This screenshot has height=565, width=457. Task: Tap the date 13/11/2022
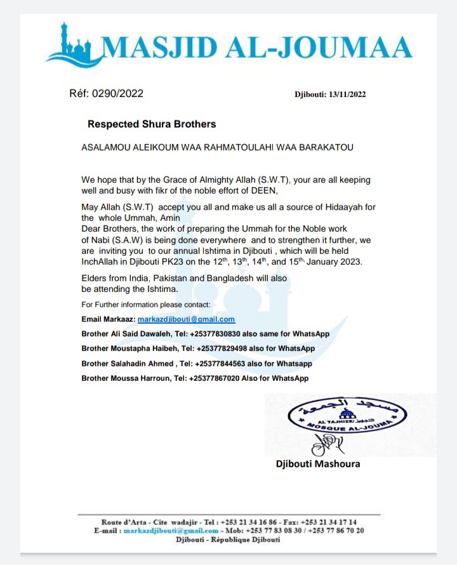click(x=347, y=95)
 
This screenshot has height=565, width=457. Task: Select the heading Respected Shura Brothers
click(x=152, y=124)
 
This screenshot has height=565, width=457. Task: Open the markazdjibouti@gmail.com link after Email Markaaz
click(x=187, y=319)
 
